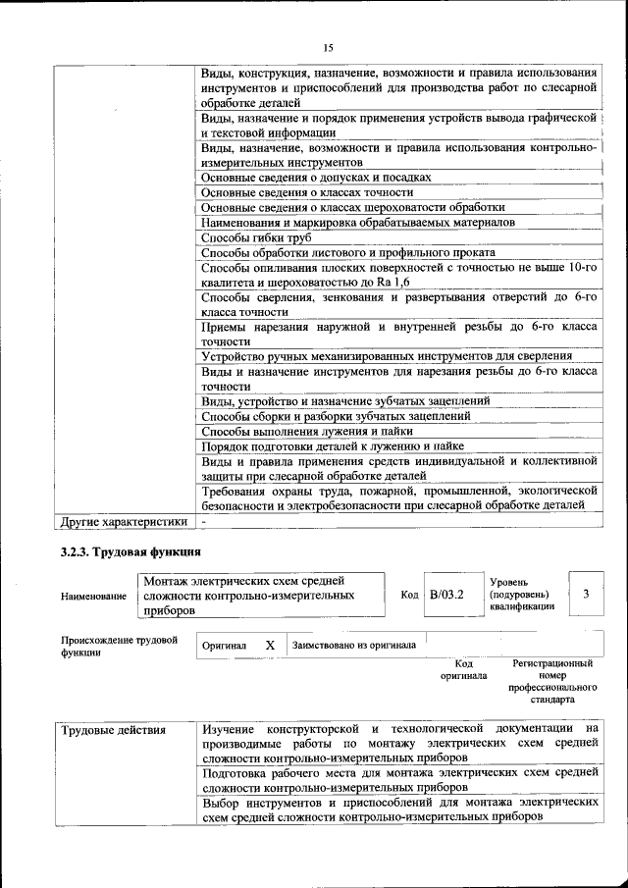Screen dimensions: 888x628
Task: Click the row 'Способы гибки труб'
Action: (256, 237)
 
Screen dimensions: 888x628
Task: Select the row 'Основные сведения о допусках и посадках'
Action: (316, 178)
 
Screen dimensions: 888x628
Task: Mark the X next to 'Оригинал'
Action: (269, 645)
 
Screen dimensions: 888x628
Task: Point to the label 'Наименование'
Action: (93, 596)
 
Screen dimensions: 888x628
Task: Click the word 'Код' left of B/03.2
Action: (409, 595)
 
